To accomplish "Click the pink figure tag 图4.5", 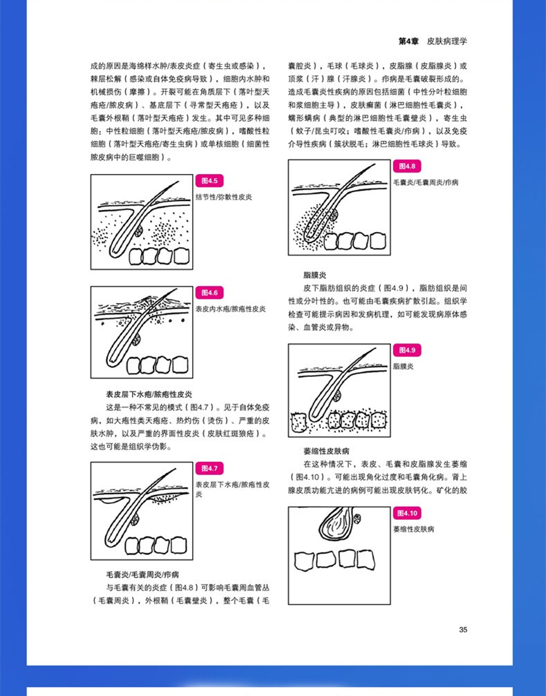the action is click(x=209, y=181).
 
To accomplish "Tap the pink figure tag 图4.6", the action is click(x=209, y=293).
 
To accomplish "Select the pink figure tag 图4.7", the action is click(x=209, y=468).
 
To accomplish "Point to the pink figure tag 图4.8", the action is click(x=407, y=166).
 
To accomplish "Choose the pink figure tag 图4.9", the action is click(x=407, y=350).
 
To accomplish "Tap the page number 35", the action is click(x=463, y=630).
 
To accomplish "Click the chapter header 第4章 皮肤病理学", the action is click(x=433, y=41).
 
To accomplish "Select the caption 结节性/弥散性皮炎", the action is click(x=224, y=197).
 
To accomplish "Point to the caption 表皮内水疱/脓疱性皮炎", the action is click(x=231, y=309).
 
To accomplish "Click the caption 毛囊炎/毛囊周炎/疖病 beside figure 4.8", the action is click(x=426, y=182).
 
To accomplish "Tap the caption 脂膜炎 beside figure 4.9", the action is click(x=404, y=366).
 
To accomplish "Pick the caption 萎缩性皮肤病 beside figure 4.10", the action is click(x=413, y=529).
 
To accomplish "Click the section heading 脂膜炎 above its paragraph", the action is click(x=314, y=275).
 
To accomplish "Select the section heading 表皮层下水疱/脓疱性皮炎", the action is click(x=149, y=394).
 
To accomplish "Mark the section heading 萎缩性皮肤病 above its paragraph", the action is click(x=326, y=451).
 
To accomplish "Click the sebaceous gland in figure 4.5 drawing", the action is click(x=138, y=231).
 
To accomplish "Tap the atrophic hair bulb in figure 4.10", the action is click(x=337, y=522).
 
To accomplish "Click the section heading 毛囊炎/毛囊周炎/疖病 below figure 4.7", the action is click(x=142, y=574).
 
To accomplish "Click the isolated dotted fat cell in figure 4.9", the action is click(x=299, y=423).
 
